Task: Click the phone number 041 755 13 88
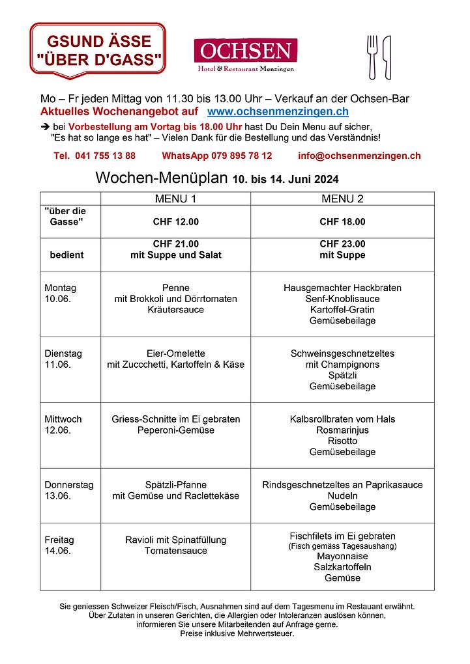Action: tap(95, 156)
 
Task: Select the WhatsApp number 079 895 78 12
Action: tap(217, 156)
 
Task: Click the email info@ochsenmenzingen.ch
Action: tap(359, 156)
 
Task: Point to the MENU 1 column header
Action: tap(175, 199)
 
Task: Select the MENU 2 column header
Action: tap(342, 199)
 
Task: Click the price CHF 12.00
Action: tap(175, 222)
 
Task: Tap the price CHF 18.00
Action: tap(342, 222)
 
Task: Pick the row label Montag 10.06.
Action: tap(60, 293)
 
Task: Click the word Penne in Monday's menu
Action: tap(175, 288)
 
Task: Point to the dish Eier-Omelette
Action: tap(175, 353)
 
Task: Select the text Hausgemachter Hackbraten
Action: tap(342, 288)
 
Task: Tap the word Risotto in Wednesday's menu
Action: tap(342, 441)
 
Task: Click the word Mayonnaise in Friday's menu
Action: tap(342, 557)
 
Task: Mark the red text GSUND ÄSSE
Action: tap(98, 42)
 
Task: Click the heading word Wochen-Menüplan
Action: tap(162, 178)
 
